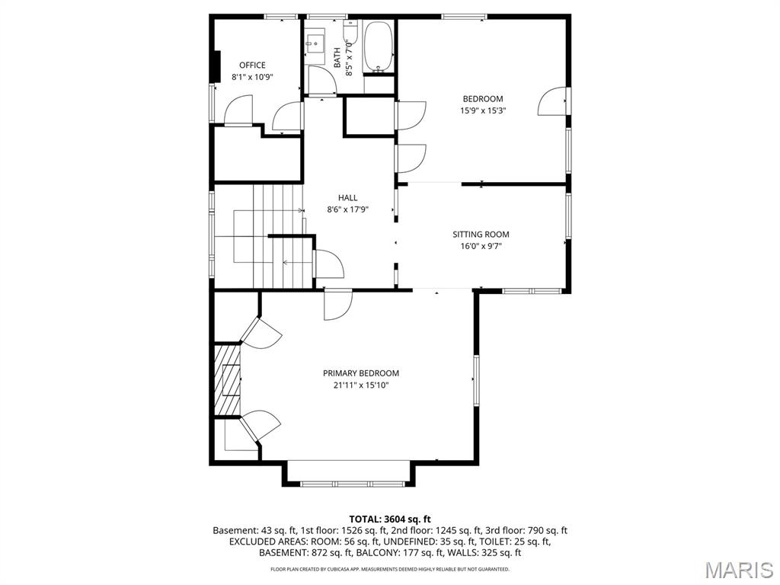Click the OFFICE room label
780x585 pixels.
click(252, 65)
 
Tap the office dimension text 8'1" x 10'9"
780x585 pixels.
click(252, 77)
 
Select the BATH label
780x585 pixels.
click(337, 58)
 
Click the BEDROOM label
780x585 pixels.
click(483, 98)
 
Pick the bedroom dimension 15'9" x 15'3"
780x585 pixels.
click(483, 110)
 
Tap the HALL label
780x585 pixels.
click(348, 197)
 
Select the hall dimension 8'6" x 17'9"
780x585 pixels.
click(348, 209)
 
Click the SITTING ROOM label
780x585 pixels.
click(481, 235)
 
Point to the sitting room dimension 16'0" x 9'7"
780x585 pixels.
click(481, 246)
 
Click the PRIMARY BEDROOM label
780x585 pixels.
click(361, 373)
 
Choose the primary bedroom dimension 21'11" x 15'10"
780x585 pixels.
click(361, 385)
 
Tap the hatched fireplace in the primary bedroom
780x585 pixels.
click(227, 380)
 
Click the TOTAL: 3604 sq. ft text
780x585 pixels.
click(390, 519)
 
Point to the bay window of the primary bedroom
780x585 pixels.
click(350, 482)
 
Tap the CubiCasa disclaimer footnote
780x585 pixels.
click(390, 569)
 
